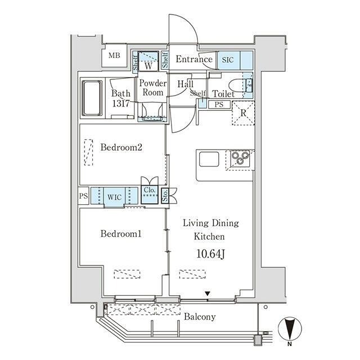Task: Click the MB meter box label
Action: (114, 55)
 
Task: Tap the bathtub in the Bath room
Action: (92, 98)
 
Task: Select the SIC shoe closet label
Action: (227, 60)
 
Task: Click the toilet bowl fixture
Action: (236, 85)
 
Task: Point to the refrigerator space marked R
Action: (243, 113)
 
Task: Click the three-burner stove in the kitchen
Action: (240, 158)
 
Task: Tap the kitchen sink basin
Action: (209, 159)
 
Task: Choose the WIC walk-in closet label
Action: (114, 197)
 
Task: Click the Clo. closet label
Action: (150, 190)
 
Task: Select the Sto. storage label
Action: (165, 196)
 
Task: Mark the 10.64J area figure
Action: (210, 254)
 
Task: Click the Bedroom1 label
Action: (121, 234)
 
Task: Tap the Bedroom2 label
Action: (121, 147)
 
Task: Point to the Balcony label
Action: (200, 317)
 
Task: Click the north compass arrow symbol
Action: (290, 328)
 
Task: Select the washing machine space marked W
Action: (148, 66)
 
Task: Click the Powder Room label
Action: (153, 88)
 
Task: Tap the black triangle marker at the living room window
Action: (208, 294)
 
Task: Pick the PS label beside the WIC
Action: (83, 196)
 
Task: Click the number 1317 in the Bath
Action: (121, 103)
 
